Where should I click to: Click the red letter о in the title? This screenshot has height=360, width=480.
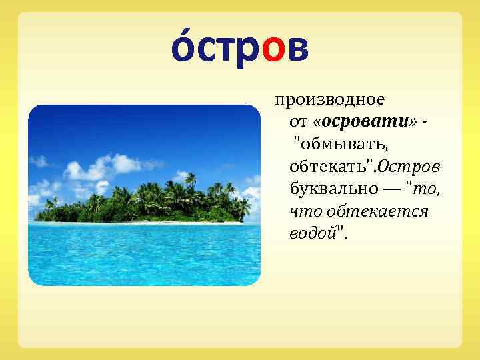(x=275, y=51)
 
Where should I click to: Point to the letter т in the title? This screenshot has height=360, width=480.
(x=227, y=51)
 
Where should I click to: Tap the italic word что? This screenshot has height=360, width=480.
(x=303, y=211)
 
